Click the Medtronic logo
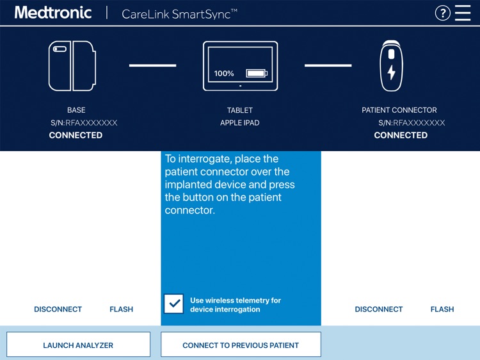pos(53,13)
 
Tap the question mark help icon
pos(442,13)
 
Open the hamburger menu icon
pos(463,13)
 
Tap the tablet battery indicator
pos(257,74)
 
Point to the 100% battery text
pos(224,74)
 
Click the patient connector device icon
pos(391,66)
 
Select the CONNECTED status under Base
pos(76,135)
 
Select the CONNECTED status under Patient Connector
pos(401,135)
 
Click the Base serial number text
pos(84,123)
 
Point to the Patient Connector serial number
pos(412,123)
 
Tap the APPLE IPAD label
pos(240,123)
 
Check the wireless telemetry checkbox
pos(173,304)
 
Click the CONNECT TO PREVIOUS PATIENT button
pos(241,345)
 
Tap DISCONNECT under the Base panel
pos(58,309)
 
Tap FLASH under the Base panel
pos(121,309)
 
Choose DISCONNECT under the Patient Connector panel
pos(379,309)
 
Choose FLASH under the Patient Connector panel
pos(442,309)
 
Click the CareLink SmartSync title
pos(179,13)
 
